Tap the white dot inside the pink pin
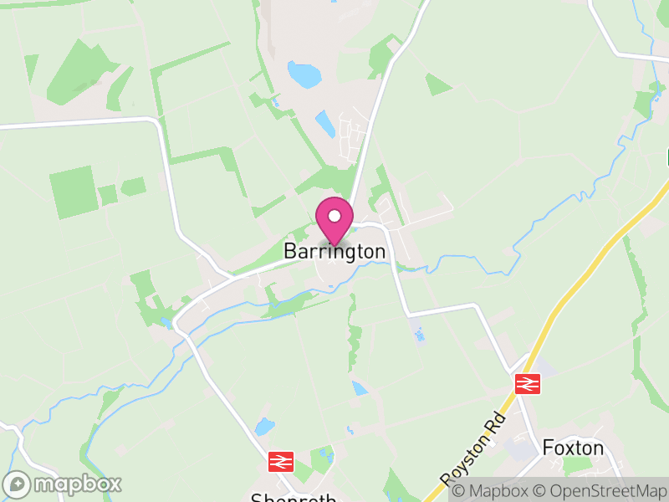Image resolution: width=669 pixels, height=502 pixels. point(334,216)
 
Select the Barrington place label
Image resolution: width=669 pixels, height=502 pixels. point(334,251)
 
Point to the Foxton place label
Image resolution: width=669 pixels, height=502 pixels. point(573,448)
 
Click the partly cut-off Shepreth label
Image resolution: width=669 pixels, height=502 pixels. point(294,498)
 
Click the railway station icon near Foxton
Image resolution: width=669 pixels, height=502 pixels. point(528,384)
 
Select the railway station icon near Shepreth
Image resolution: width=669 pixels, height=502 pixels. point(281,461)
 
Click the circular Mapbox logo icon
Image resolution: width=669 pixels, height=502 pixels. point(17,484)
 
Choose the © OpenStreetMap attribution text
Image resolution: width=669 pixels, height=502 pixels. point(600,490)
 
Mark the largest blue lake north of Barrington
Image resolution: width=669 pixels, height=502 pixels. point(304,74)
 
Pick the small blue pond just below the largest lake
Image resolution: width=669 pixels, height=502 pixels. point(325,125)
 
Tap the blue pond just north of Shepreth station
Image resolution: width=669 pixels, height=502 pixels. point(264,426)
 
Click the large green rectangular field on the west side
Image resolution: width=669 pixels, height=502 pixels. point(74,192)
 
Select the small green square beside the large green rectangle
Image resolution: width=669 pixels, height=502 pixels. point(108,195)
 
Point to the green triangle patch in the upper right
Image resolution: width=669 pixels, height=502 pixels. point(437,84)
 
